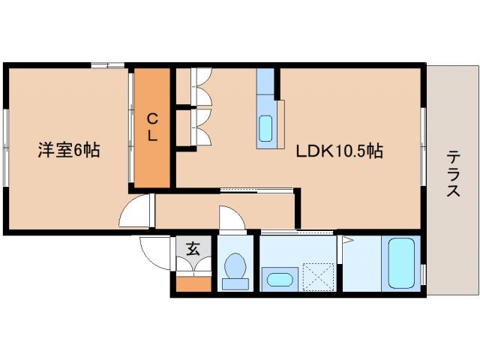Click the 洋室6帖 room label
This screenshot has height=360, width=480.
69,150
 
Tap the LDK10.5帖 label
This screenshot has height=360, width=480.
339,151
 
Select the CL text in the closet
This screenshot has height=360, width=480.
152,127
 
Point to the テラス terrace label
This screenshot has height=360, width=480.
453,174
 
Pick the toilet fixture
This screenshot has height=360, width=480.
235,270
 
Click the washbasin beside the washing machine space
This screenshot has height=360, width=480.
280,279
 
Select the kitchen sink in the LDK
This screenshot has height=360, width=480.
265,128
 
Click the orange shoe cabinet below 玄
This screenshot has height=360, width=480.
193,283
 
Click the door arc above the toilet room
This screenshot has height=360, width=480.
232,219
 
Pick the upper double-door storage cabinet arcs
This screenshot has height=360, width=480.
202,87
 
